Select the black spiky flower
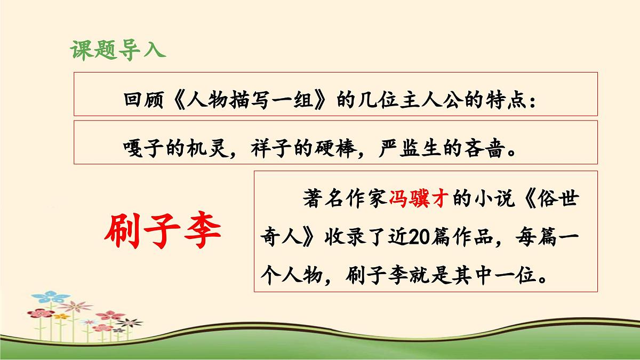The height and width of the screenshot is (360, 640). (x=130, y=322)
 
